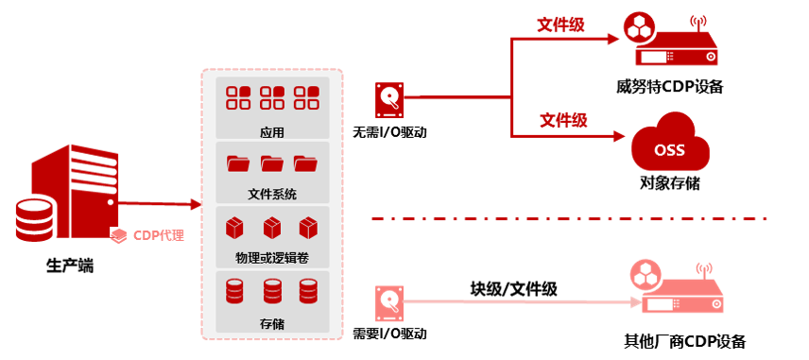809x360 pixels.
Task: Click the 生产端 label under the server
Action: point(70,266)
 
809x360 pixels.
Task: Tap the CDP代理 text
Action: point(159,236)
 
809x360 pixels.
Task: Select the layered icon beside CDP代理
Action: point(119,237)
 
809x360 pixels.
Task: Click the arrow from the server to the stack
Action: point(159,205)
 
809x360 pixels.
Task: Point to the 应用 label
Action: point(272,132)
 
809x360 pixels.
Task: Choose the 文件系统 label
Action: point(272,195)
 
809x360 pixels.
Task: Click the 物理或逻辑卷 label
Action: point(272,258)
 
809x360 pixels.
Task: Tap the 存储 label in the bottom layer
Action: point(272,324)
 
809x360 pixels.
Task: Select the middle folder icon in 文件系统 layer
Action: point(272,163)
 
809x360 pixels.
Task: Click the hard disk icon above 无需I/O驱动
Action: point(389,100)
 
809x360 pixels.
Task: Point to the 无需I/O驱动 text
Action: point(389,132)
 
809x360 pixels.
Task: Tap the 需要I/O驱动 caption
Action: point(389,334)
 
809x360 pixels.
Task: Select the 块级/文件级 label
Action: point(513,289)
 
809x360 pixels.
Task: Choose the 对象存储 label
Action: point(670,183)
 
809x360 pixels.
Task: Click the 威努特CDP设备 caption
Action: point(669,87)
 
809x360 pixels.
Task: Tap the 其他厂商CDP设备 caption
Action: point(684,341)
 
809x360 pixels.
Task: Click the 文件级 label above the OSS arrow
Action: point(563,120)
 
